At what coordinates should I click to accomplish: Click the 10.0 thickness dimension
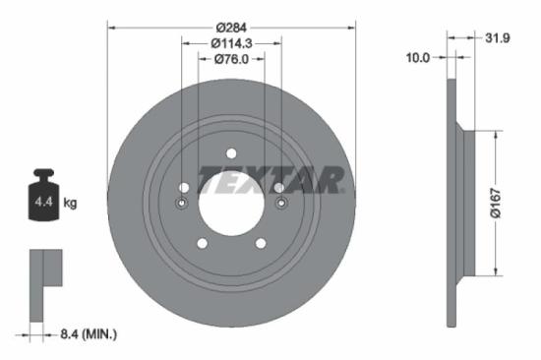(418, 58)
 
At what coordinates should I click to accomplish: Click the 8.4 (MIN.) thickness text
(85, 335)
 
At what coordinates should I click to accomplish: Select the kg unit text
(70, 203)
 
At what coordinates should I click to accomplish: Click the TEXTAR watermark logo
(271, 180)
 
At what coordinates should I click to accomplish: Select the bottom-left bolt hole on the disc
(202, 243)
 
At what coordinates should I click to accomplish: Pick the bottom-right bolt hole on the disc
(261, 243)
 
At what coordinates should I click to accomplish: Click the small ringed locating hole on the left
(182, 204)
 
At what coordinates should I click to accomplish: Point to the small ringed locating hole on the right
(281, 204)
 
